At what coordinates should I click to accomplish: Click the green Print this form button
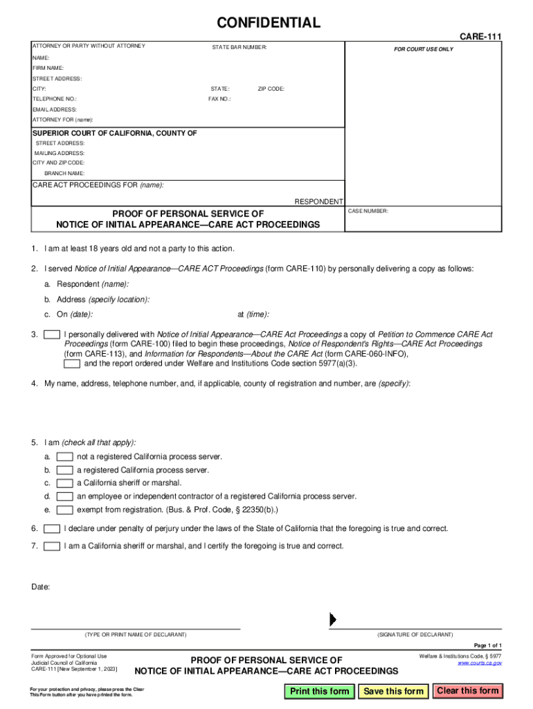coord(319,691)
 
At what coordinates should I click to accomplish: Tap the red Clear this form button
coord(467,690)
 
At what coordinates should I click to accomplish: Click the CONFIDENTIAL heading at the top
coord(269,23)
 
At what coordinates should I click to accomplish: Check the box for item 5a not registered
coord(65,457)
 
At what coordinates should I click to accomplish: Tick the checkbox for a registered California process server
coord(65,470)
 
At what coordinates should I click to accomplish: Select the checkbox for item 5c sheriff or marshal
coord(65,483)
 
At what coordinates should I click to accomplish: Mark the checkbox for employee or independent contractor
coord(65,496)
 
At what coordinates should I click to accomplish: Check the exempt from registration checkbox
coord(65,510)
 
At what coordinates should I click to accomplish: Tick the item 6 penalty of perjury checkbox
coord(51,529)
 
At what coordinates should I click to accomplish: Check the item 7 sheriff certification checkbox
coord(51,546)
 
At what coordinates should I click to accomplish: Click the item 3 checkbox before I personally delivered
coord(51,334)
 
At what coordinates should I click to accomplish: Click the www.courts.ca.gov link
coord(479,663)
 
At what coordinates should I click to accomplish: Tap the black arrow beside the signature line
coord(333,619)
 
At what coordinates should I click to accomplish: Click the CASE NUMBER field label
coord(368,210)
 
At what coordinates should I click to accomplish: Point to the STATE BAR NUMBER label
coord(239,47)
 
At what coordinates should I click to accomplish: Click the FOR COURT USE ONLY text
coord(424,49)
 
